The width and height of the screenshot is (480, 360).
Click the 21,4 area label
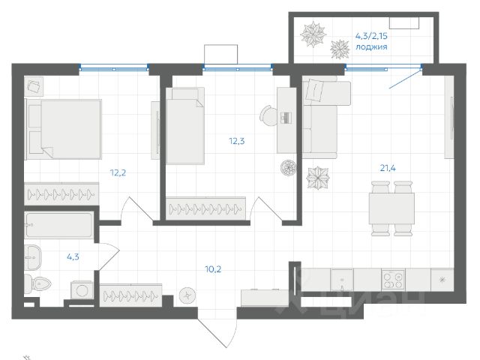click(x=388, y=168)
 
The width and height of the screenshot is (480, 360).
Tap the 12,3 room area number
click(x=237, y=141)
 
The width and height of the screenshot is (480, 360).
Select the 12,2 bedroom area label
click(x=118, y=173)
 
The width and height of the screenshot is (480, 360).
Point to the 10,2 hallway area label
click(x=213, y=269)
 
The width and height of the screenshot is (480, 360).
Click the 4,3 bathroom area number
click(x=73, y=256)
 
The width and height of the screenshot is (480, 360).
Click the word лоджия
click(x=371, y=46)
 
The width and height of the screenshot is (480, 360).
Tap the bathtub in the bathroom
click(x=58, y=225)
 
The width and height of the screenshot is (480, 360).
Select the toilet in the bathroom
click(x=38, y=283)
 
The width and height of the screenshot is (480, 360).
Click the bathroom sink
click(x=32, y=257)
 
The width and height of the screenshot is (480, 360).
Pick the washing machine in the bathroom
click(x=82, y=290)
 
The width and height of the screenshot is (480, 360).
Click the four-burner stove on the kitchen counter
click(x=393, y=280)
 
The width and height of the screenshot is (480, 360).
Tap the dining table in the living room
click(x=391, y=208)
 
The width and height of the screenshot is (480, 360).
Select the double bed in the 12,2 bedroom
click(x=63, y=129)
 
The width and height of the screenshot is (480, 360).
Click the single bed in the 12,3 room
click(x=185, y=126)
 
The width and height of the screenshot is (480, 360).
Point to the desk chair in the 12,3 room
click(x=268, y=115)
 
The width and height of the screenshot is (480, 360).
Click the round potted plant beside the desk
click(x=288, y=168)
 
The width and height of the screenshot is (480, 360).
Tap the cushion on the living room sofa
click(x=315, y=90)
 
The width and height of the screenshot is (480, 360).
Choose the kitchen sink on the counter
click(x=342, y=280)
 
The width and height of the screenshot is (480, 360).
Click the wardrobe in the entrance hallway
click(x=130, y=295)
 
